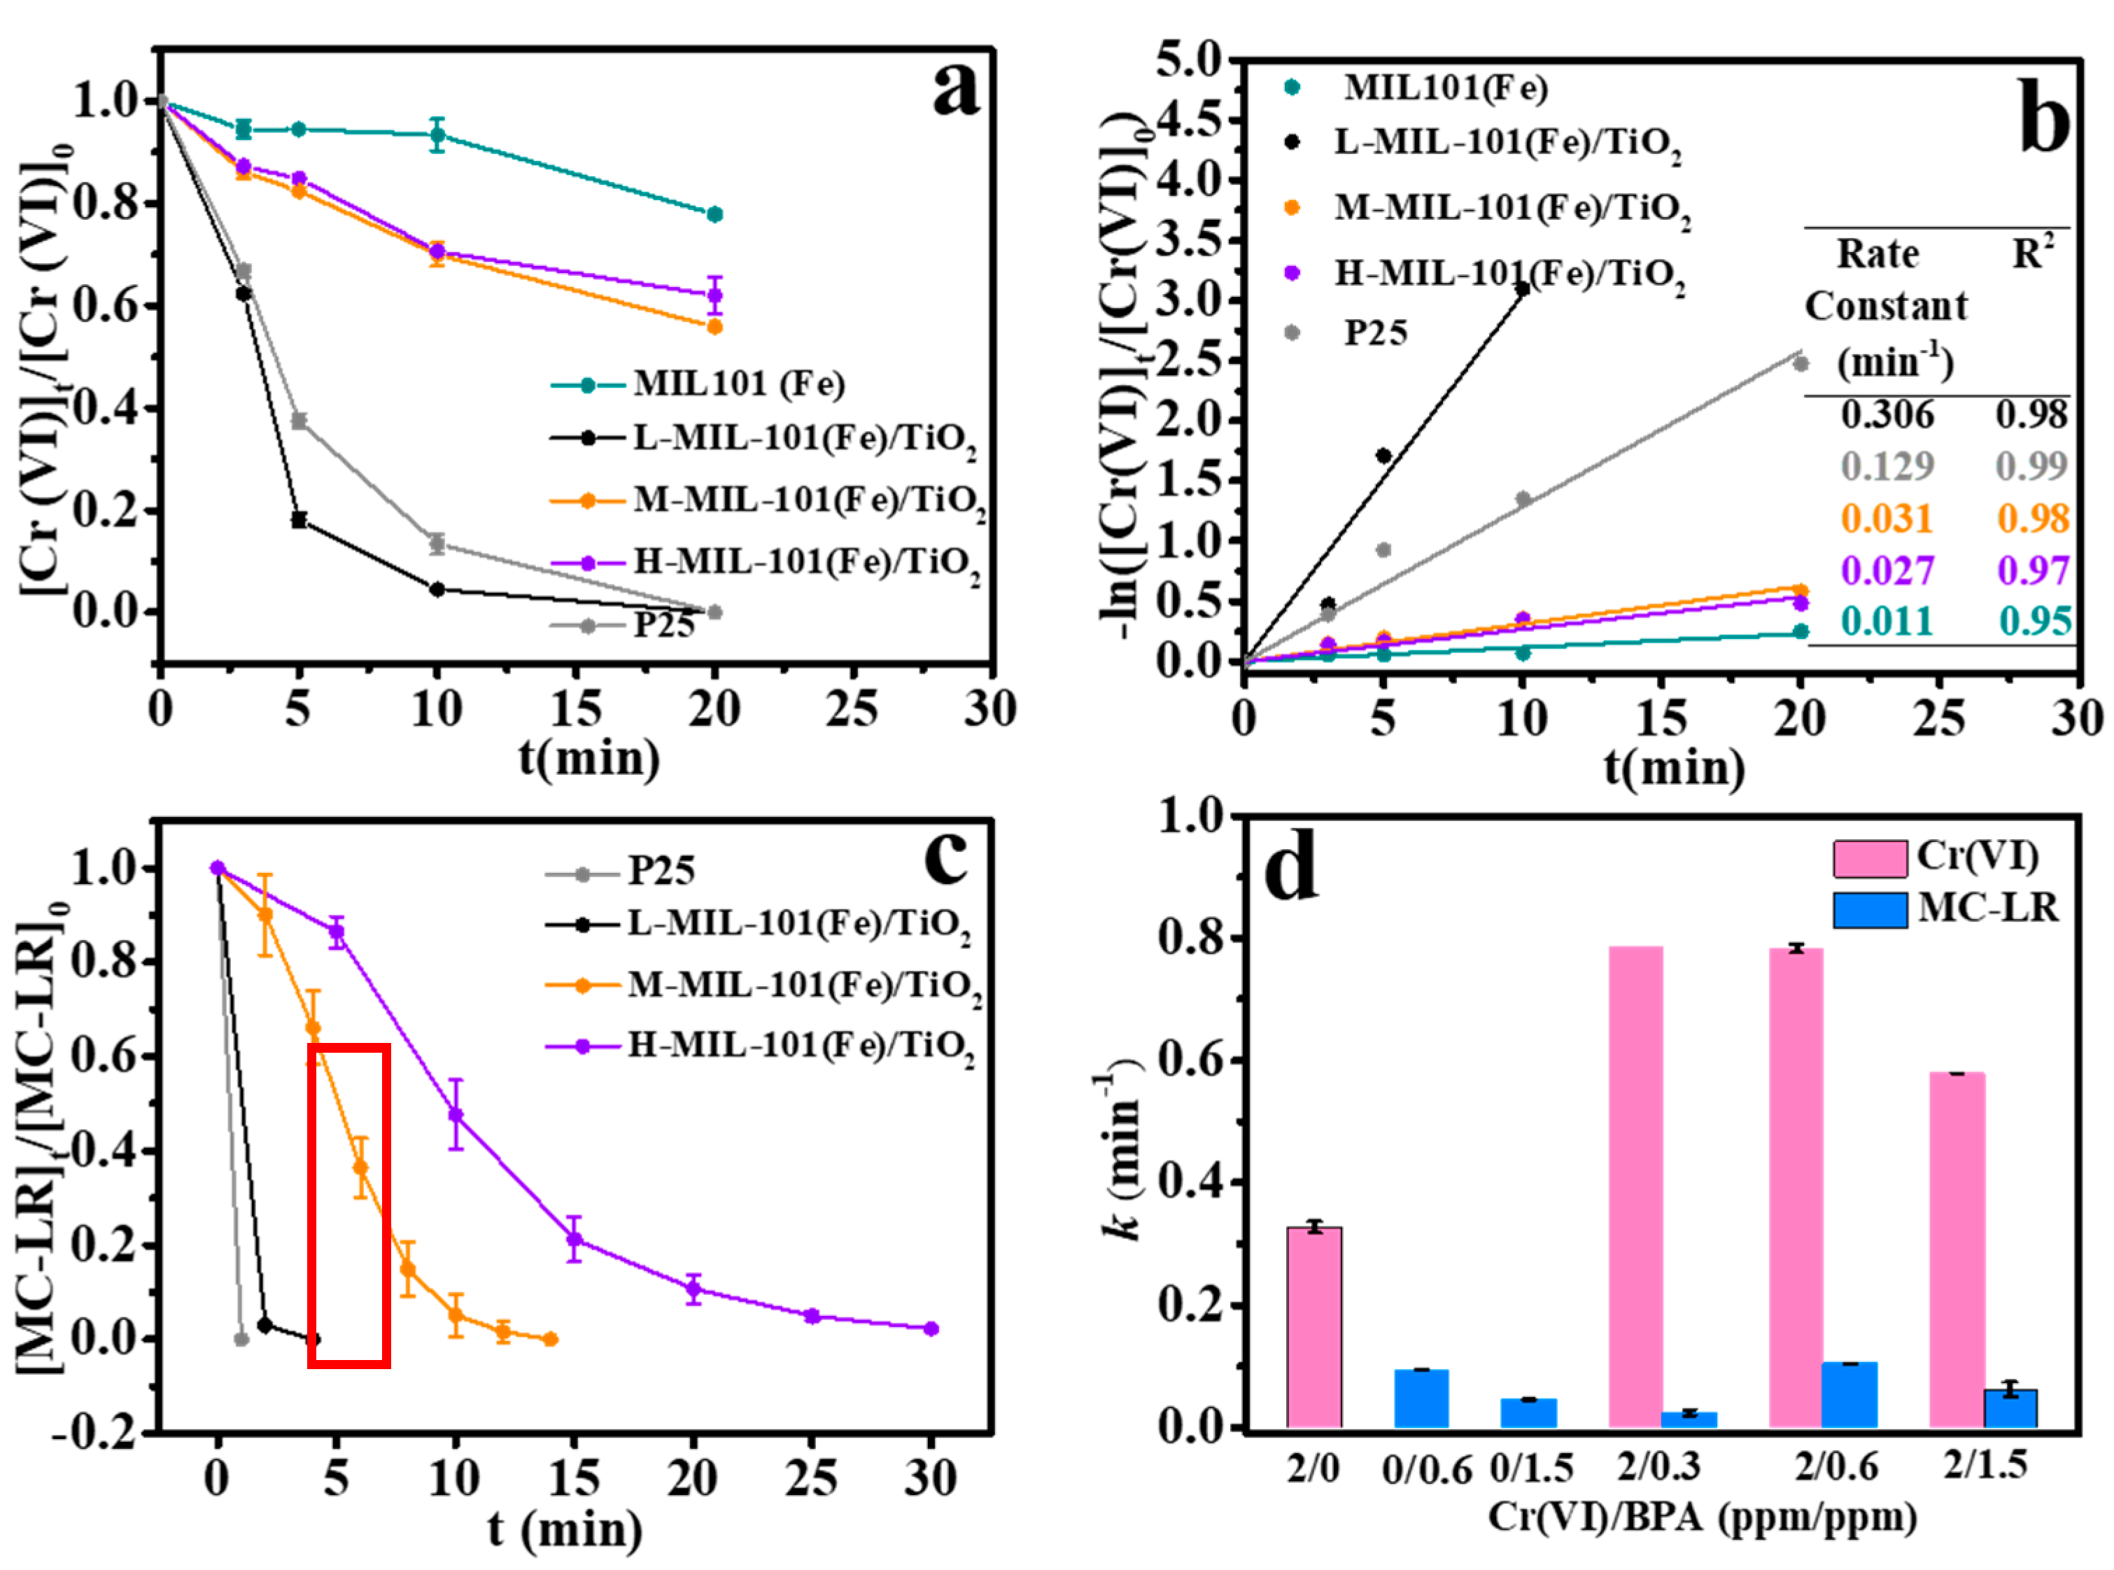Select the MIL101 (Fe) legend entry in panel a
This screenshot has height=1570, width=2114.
point(738,384)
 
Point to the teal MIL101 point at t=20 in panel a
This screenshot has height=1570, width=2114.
point(714,213)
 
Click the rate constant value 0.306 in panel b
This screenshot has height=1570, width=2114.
point(1886,414)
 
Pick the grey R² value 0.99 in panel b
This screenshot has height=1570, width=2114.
point(2031,465)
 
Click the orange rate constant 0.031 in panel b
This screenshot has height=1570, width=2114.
point(1886,518)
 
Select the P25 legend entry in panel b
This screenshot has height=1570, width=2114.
point(1375,332)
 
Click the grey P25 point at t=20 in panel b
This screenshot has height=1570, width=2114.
point(1800,364)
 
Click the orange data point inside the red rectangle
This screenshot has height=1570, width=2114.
point(360,1167)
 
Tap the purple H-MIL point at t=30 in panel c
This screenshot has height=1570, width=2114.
point(931,1329)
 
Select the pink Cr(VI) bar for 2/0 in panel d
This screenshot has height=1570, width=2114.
point(1314,1326)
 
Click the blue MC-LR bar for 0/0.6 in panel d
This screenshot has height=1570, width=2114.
point(1421,1398)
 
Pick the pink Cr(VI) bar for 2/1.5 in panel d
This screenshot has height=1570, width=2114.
point(1957,1249)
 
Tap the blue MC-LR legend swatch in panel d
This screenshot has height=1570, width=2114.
point(1869,909)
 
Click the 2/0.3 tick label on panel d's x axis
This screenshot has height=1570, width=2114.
point(1658,1466)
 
